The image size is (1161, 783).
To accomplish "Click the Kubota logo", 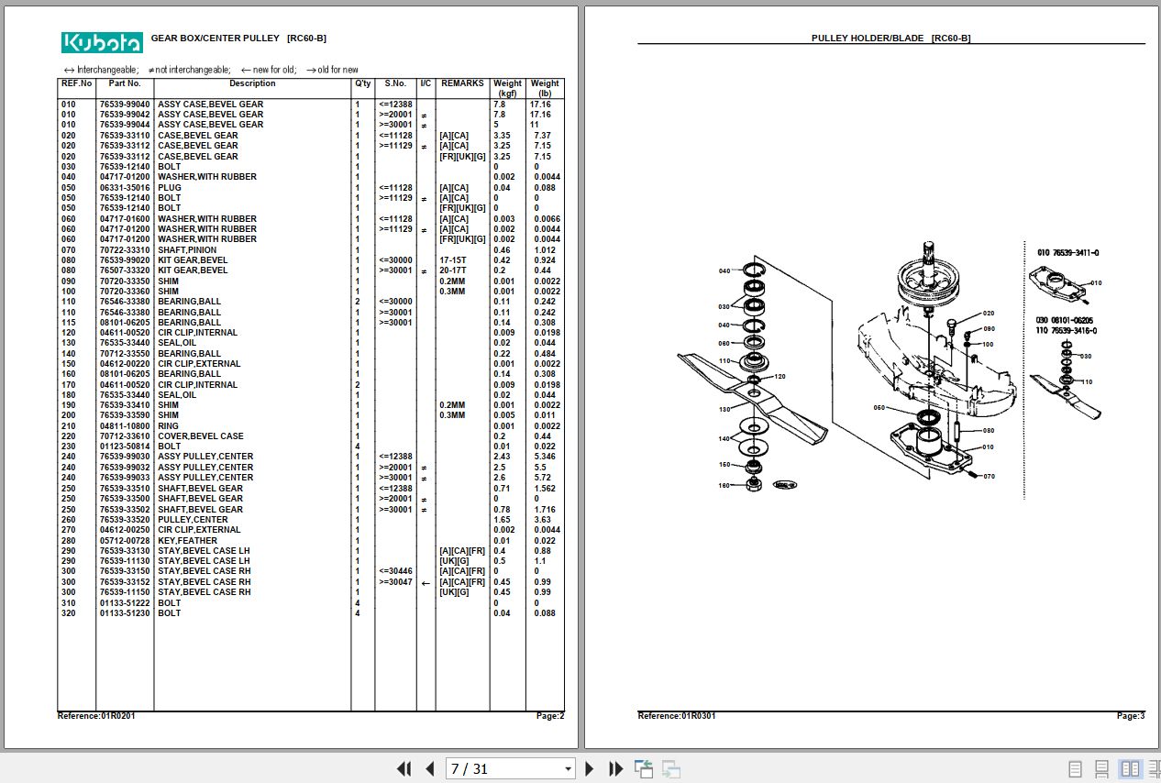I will pos(102,42).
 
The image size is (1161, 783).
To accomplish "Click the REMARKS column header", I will pos(462,83).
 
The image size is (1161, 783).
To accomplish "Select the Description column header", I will pos(252,83).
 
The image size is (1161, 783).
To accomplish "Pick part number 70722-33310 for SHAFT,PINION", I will pos(125,250).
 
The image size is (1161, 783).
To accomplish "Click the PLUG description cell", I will pos(170,188).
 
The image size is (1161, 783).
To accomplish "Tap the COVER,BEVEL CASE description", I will pos(201,436).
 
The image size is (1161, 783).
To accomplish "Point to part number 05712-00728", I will pos(125,541).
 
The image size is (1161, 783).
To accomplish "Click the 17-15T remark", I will pos(453,260).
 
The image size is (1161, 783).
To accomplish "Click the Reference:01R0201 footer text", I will pos(96,715).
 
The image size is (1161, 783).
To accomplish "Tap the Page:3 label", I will pos(1130,715).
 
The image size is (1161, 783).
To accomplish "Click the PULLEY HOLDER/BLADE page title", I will pos(890,39).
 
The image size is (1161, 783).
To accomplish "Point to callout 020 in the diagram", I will pos(988,314).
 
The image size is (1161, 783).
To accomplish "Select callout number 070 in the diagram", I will pos(989,477).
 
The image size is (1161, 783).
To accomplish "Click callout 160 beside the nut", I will pos(724,485).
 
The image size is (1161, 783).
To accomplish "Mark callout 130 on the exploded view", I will pos(724,409).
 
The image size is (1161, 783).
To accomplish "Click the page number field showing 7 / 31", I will pos(509,769).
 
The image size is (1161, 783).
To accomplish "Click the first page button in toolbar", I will pos(404,769).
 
